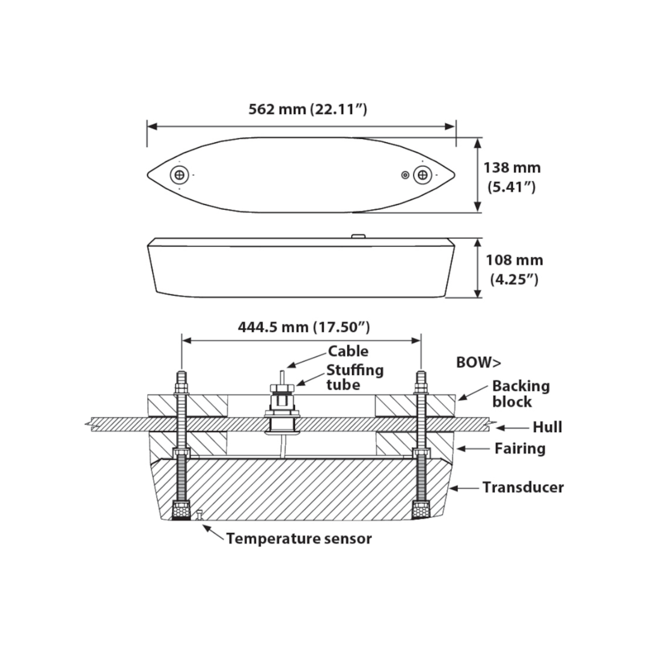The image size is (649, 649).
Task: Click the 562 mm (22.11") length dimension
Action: point(308,109)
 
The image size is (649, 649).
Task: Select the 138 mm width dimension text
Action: point(512,177)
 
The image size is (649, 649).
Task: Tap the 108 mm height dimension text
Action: point(514,269)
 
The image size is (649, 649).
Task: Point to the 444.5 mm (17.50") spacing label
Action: point(304,327)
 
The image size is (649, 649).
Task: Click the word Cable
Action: point(348,352)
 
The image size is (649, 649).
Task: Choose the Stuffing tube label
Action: point(355,377)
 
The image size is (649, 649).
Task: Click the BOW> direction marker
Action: point(478,362)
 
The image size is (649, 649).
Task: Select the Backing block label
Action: point(520,394)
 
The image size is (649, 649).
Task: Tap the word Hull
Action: point(547,427)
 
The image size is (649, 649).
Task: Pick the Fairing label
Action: point(520,448)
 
